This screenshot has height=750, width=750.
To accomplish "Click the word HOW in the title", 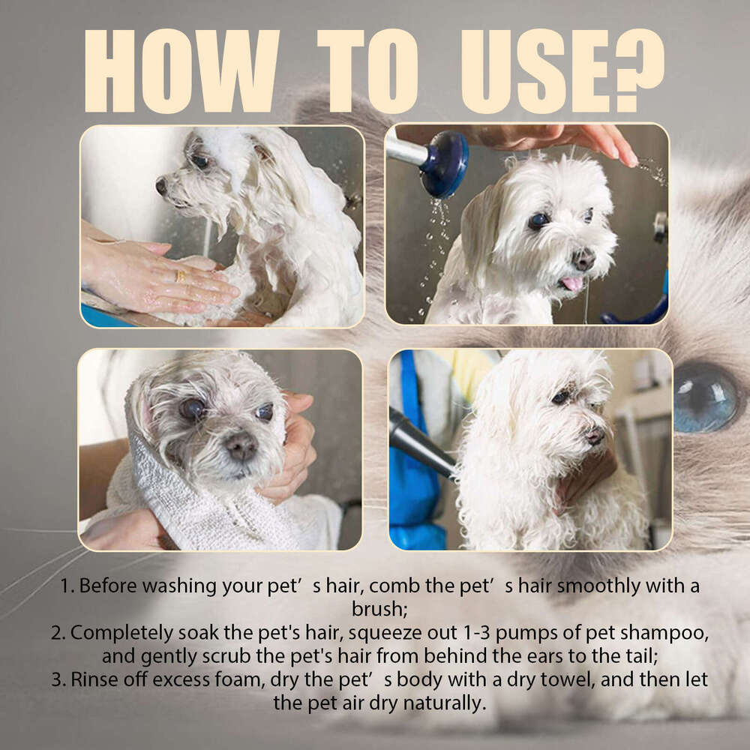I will click(x=180, y=71).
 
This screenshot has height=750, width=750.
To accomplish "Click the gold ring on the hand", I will click(x=180, y=275).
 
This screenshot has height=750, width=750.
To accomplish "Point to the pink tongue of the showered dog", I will click(x=571, y=283).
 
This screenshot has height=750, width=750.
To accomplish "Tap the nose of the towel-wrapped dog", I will click(x=241, y=447).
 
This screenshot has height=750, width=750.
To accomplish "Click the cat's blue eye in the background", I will click(x=705, y=397).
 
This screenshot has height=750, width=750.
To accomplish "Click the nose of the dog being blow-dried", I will click(x=595, y=435).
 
